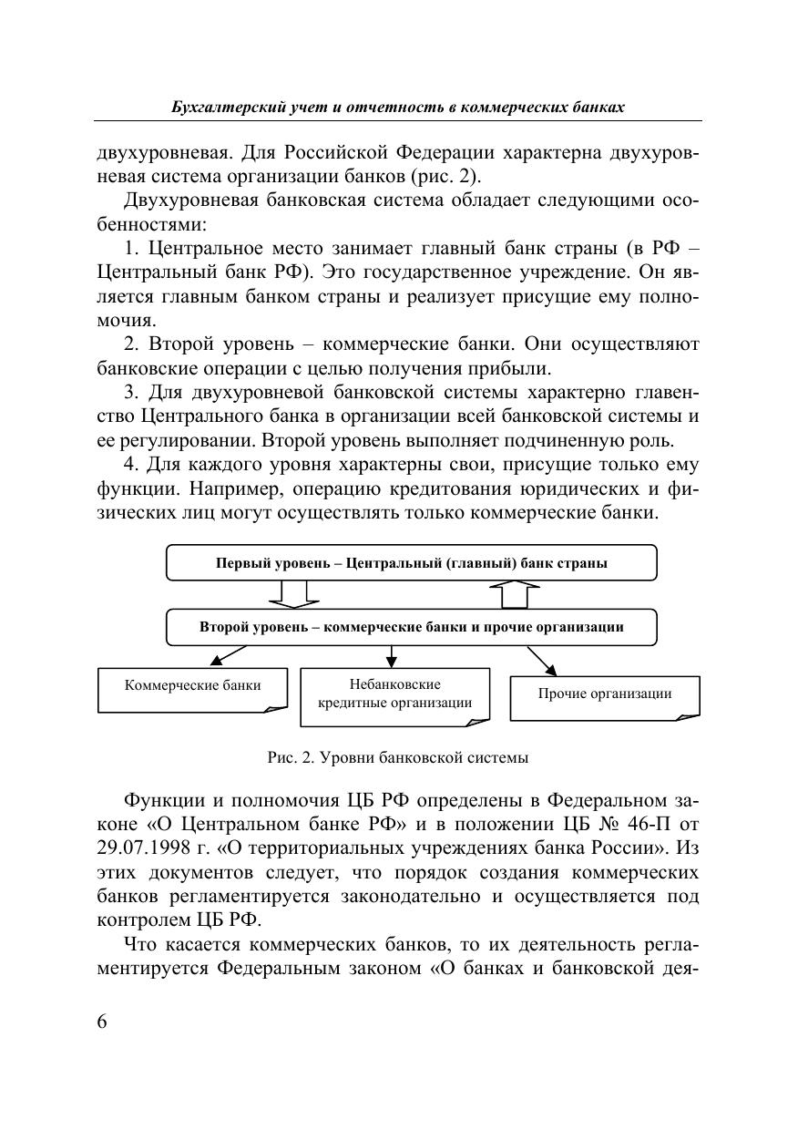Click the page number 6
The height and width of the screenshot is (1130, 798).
coord(102,1021)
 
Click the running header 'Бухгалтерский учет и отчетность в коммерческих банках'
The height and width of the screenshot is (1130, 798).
coord(398,108)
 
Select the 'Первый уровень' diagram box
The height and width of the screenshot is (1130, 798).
coord(411,562)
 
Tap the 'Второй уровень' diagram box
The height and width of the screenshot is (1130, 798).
coord(411,627)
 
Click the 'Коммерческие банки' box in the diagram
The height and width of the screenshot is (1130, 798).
coord(192,689)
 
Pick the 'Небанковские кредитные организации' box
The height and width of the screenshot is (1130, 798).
coord(394,694)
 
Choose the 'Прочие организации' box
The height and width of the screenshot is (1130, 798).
coord(604,695)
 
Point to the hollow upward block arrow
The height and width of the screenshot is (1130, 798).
coord(515,594)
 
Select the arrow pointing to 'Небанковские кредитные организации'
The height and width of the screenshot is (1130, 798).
coord(392,655)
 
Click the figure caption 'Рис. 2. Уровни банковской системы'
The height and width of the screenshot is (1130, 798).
coord(398,756)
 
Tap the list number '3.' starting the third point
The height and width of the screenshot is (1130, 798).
coord(131,394)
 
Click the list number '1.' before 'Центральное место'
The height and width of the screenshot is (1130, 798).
coord(131,248)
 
